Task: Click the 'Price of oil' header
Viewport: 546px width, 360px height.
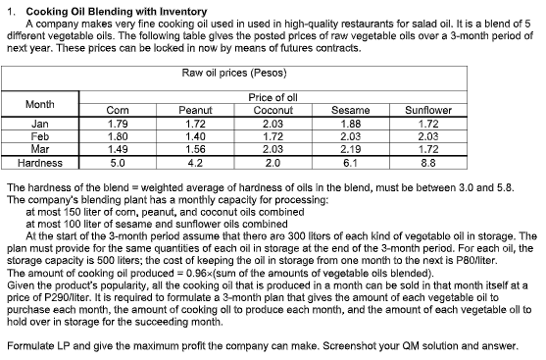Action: [273, 97]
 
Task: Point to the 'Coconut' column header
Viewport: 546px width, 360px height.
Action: [273, 111]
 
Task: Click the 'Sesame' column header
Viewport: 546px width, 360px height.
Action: [349, 111]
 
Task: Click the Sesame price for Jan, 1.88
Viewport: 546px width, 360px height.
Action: [349, 125]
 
